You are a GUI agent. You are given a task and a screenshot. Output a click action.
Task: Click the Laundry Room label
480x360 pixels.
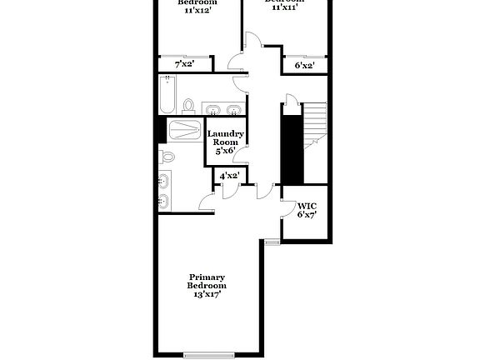(225, 138)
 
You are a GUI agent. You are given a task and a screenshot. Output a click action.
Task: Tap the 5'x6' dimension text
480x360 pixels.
(225, 150)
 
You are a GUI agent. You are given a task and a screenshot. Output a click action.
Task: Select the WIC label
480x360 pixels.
(307, 205)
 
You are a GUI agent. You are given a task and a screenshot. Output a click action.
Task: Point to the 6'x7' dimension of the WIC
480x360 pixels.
(307, 214)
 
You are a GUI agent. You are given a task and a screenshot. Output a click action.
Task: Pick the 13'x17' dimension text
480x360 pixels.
(207, 294)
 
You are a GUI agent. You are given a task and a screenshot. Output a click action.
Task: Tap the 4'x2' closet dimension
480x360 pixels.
(229, 176)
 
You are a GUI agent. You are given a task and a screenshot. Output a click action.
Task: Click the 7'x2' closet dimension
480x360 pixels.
(184, 63)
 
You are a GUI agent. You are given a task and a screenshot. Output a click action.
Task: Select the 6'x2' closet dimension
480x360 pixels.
(305, 64)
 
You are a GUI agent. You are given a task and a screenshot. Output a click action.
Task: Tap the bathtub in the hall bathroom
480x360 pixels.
(167, 94)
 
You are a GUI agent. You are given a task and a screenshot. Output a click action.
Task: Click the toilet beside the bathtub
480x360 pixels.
(189, 106)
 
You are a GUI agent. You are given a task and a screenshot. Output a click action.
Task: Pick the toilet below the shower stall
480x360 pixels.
(167, 157)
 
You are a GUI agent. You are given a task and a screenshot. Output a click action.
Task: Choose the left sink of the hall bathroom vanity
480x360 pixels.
(212, 109)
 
